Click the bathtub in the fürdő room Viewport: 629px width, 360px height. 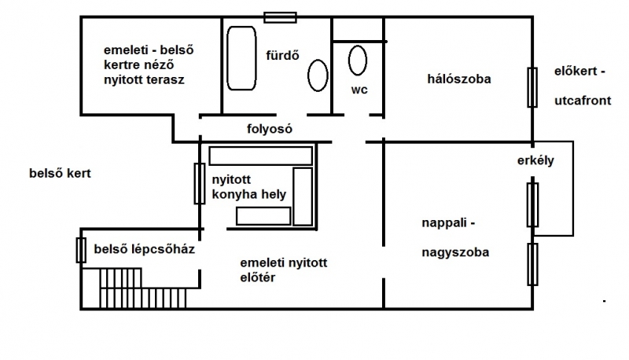pos(241,58)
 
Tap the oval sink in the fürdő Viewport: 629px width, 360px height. pos(318,75)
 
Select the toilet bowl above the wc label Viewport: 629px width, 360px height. pos(358,61)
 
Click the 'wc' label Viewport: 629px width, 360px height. pos(359,90)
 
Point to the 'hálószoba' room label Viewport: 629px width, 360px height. pos(459,79)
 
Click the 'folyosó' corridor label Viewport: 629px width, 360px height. pos(270,129)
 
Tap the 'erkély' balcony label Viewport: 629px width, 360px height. pos(535,160)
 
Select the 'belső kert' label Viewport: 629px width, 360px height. pos(61,173)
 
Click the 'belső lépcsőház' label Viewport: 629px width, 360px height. pos(145,249)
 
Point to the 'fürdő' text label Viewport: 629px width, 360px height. pos(282,55)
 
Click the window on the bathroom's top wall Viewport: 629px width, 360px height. pos(280,17)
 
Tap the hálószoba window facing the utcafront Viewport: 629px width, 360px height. pos(532,87)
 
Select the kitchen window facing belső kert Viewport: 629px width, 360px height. pos(200,184)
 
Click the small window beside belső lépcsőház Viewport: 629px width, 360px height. pos(81,250)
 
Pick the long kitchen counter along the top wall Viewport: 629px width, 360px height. pos(261,156)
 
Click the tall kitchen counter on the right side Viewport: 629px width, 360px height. pos(303,197)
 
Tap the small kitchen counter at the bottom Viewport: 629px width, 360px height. pos(263,216)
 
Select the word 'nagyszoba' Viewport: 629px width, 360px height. pos(455,252)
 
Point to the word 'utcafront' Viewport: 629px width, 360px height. pos(583,101)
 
